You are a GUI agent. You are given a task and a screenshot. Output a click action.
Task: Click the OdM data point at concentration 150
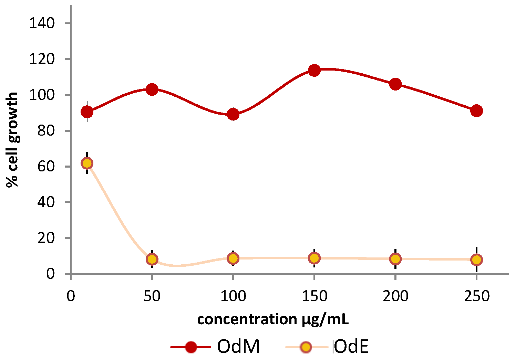(314, 71)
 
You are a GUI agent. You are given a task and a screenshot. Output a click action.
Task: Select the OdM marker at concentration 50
(152, 89)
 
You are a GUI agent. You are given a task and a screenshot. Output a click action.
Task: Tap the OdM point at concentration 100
(233, 114)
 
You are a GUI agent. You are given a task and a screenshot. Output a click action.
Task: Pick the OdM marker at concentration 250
(476, 111)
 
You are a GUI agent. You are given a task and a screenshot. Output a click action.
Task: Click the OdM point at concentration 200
(395, 84)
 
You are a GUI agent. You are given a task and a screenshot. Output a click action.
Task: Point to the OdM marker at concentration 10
(87, 112)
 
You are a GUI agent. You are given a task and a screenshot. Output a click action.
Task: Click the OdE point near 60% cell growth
(87, 163)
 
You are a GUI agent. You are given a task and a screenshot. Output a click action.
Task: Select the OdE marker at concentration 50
(152, 259)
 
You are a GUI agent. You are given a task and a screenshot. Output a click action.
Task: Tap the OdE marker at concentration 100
(233, 258)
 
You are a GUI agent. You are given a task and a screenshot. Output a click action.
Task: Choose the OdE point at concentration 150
(314, 258)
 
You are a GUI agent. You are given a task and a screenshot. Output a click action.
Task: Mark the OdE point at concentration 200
(395, 259)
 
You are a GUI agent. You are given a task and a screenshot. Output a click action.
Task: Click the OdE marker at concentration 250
(476, 260)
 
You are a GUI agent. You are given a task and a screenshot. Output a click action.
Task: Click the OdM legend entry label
(238, 347)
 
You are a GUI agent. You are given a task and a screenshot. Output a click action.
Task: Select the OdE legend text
(351, 347)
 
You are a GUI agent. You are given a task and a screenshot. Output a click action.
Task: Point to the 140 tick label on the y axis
(42, 23)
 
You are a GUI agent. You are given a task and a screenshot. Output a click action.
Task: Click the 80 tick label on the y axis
(46, 131)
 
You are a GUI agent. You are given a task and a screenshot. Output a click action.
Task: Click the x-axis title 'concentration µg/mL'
(273, 319)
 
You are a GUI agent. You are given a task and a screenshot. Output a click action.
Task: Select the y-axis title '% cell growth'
(12, 140)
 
